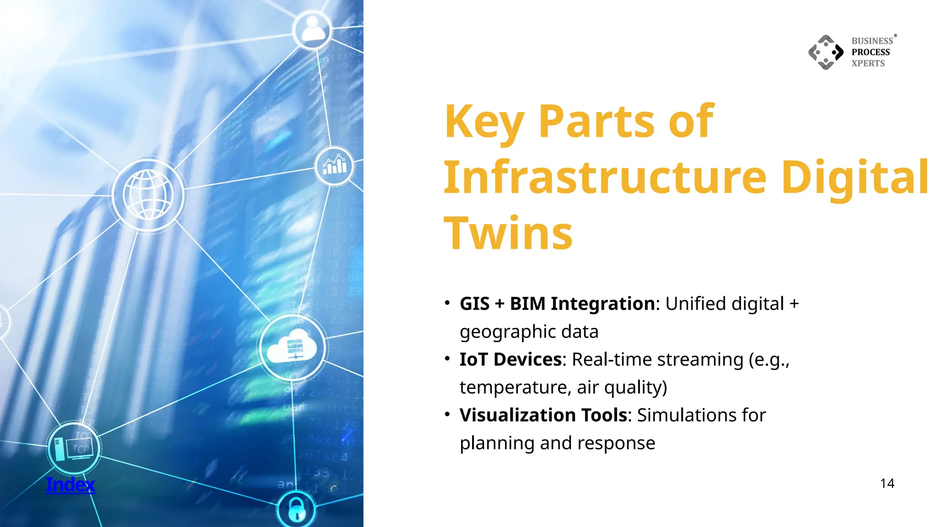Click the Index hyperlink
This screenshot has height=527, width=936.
tap(70, 484)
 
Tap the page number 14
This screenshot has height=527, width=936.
tap(887, 484)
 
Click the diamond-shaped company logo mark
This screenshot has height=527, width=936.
tap(826, 52)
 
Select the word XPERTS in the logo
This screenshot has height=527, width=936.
tap(868, 64)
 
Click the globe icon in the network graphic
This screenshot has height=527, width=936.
tap(148, 195)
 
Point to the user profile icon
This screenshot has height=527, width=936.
tap(313, 29)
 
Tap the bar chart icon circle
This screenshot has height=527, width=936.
tap(335, 166)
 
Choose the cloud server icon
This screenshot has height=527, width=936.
tap(292, 348)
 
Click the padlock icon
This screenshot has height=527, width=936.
tap(296, 510)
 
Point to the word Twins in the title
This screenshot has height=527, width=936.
tap(508, 233)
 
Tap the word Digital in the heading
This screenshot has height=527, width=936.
tap(855, 177)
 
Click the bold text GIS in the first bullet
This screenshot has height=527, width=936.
tap(474, 304)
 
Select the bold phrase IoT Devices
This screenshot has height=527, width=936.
tap(511, 360)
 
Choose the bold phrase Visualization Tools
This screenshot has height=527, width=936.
tap(543, 415)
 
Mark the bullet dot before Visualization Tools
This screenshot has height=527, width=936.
tap(447, 414)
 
